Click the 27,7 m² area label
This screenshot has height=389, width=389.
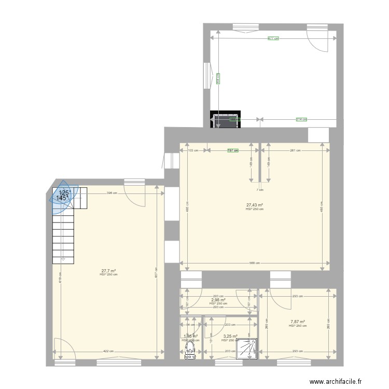pos(108,271)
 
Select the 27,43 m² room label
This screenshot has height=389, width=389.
pos(254,205)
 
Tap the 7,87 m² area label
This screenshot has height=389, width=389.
pos(298,322)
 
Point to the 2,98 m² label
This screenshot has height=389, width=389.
pos(218,300)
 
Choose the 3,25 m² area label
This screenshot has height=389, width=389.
pos(230,336)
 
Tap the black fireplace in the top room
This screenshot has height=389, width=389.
pos(225,120)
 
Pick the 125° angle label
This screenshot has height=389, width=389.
pos(64,192)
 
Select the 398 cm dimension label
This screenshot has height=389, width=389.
pos(110,193)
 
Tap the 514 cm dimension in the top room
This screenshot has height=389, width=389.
pos(301,119)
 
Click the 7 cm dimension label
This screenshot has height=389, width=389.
pos(259,190)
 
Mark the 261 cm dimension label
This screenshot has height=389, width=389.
pos(293,150)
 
